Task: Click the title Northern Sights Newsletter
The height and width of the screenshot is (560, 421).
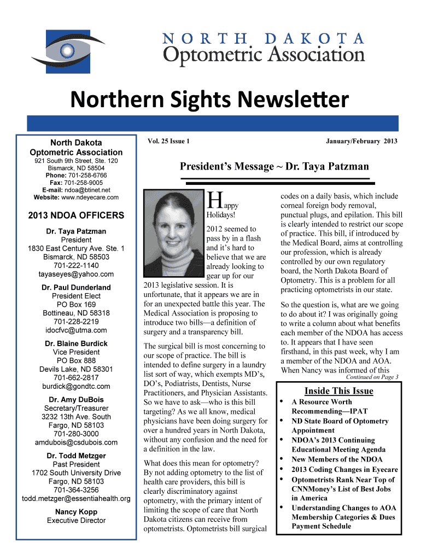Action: point(208,100)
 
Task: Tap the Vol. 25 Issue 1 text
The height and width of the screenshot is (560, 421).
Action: point(168,142)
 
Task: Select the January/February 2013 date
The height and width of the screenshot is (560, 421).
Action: point(361,142)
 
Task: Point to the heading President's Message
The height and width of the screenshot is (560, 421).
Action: point(274,166)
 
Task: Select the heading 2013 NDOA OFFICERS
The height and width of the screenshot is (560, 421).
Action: point(76,215)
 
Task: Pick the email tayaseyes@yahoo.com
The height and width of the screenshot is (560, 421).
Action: point(76,274)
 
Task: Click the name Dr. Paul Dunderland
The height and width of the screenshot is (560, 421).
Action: point(76,287)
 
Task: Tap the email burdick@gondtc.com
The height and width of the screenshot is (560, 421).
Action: point(76,386)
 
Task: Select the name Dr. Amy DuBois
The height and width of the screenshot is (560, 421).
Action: point(76,399)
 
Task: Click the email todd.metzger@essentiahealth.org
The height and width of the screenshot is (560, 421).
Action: point(76,498)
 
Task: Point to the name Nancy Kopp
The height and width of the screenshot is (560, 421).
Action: point(76,512)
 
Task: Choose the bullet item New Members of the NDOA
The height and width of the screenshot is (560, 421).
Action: point(337,459)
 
